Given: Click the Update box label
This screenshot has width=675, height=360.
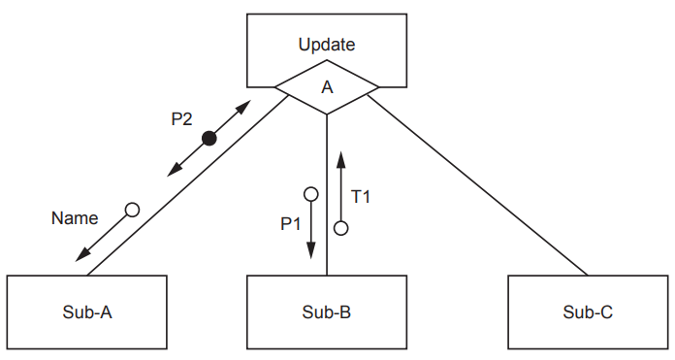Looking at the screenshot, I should click(327, 45).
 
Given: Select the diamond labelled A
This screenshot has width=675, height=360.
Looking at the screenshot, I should click(327, 87).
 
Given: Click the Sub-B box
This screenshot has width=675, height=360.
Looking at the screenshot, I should click(327, 312).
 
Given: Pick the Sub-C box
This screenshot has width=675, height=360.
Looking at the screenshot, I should click(587, 312).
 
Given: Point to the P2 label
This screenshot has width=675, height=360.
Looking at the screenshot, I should click(181, 119).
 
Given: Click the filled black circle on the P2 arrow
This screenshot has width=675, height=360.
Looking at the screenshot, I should click(209, 140).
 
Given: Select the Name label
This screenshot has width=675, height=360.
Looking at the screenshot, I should click(74, 218).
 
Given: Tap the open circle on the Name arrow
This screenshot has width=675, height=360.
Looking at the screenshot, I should click(132, 210).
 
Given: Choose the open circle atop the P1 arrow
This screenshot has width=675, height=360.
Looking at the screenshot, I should click(311, 194).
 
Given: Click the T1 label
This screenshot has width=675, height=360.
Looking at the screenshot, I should click(361, 196).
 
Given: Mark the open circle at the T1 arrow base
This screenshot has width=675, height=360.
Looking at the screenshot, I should click(340, 228).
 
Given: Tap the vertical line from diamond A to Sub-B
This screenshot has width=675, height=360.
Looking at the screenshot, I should click(327, 194).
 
